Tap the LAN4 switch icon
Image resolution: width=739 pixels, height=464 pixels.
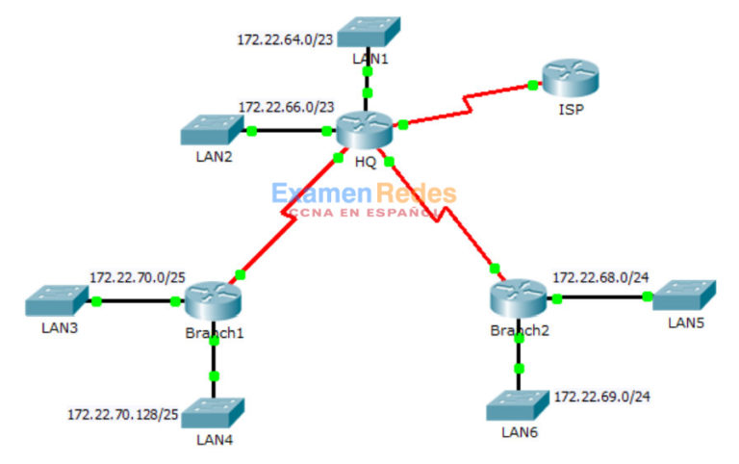[213, 414]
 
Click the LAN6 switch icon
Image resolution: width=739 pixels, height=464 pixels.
[520, 405]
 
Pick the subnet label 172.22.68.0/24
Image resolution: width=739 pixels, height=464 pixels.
[600, 277]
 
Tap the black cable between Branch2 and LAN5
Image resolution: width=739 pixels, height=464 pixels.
[606, 296]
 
